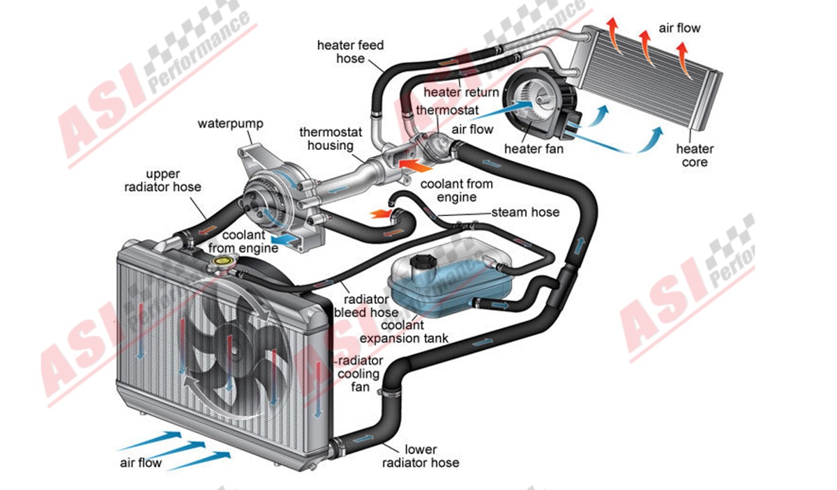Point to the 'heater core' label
[x=695, y=155]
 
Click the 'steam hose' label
[x=525, y=211]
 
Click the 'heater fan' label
[x=534, y=148]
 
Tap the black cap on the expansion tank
[x=422, y=263]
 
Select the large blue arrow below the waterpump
[x=286, y=238]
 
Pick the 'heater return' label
[x=461, y=93]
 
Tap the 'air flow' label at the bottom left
[x=140, y=463]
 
